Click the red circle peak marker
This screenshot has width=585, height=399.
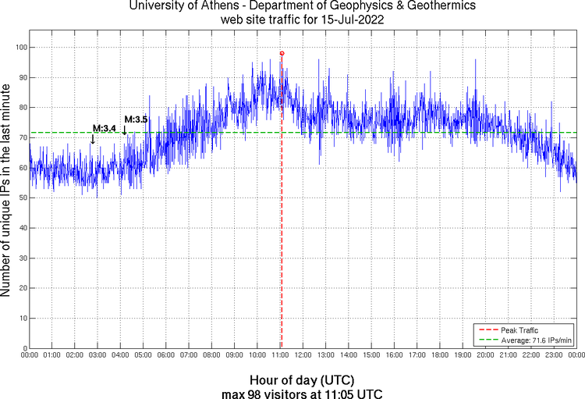point(282,53)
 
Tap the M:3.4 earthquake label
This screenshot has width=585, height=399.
point(105,128)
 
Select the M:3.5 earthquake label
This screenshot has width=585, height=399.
point(136,119)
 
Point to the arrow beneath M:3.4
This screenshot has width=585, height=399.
point(94,139)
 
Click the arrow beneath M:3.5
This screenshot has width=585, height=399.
point(125,130)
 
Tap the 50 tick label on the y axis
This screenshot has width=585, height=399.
point(21,198)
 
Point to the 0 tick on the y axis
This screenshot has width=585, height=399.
point(23,348)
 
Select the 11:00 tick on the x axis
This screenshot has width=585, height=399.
point(280,355)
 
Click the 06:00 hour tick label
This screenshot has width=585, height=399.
point(165,355)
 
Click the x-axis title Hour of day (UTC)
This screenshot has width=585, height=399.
point(303,379)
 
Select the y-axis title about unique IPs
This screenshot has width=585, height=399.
point(7,190)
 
